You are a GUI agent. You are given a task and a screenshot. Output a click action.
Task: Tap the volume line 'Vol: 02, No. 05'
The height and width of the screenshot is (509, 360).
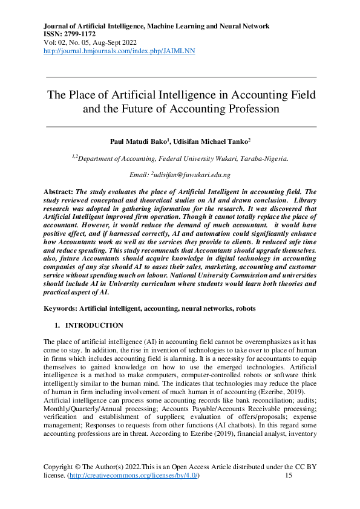(68, 43)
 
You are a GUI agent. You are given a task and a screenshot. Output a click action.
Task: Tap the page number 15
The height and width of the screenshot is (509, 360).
(289, 476)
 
